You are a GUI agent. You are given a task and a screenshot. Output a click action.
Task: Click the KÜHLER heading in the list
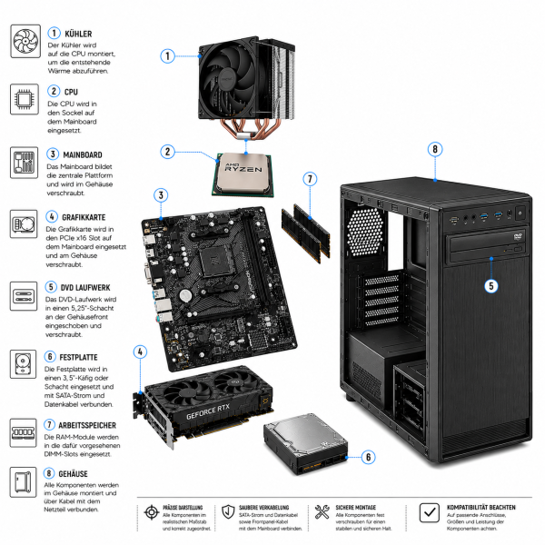[x=80, y=33]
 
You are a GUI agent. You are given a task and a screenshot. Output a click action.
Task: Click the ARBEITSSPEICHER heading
[x=101, y=425]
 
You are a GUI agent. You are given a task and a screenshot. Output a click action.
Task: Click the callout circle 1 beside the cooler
[x=167, y=55]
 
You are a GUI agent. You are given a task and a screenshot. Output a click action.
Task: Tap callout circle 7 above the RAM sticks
[x=310, y=180]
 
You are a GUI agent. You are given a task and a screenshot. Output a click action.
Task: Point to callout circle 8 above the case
[x=436, y=148]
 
